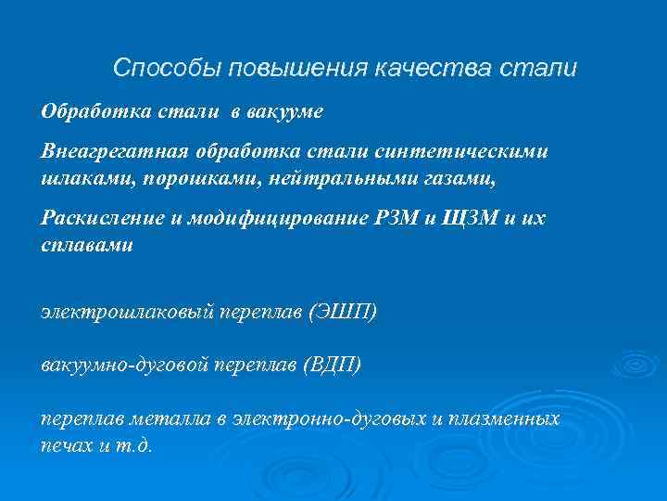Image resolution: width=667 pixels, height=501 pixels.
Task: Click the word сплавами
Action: [87, 245]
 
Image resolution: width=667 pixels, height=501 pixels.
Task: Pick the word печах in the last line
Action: [68, 444]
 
